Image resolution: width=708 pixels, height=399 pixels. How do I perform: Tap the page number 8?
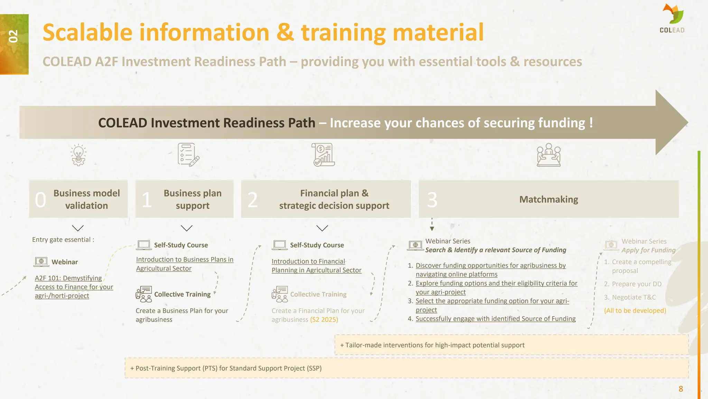point(681,389)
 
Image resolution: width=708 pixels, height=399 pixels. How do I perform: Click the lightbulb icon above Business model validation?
point(78,155)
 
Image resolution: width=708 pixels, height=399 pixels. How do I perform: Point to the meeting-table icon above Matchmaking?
point(548,155)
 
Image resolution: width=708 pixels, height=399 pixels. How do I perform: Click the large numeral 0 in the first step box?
point(40,200)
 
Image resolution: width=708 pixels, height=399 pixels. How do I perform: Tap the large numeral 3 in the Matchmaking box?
point(432,200)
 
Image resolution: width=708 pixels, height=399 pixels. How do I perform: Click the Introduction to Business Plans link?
point(184,264)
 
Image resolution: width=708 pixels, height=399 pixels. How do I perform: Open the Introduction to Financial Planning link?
point(316,266)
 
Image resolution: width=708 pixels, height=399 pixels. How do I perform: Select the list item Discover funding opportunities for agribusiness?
point(491,270)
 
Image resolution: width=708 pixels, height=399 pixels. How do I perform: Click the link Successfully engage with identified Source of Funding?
point(495,319)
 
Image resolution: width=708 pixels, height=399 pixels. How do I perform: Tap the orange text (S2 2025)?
point(324,320)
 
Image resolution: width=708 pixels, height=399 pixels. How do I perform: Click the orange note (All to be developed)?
point(635,311)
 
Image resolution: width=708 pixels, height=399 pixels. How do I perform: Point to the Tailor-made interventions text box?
point(432,345)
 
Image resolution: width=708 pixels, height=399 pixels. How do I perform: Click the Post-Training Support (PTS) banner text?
point(226,368)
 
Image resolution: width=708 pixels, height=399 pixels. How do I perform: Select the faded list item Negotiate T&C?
point(634,297)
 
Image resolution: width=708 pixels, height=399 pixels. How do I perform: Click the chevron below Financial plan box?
point(322,228)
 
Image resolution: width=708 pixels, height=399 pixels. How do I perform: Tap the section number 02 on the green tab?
point(13,36)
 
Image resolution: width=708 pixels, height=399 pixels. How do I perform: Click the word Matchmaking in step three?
point(548,199)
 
